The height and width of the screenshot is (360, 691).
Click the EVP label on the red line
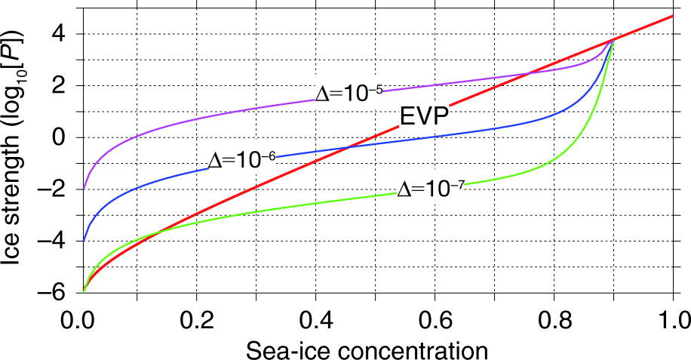[x=425, y=116]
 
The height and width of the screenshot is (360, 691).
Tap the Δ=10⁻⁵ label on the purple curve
[x=349, y=93]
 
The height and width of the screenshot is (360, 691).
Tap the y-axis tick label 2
[x=57, y=86]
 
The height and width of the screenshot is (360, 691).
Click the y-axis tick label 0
[x=57, y=137]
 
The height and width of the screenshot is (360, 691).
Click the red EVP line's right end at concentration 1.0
[x=672, y=16]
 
